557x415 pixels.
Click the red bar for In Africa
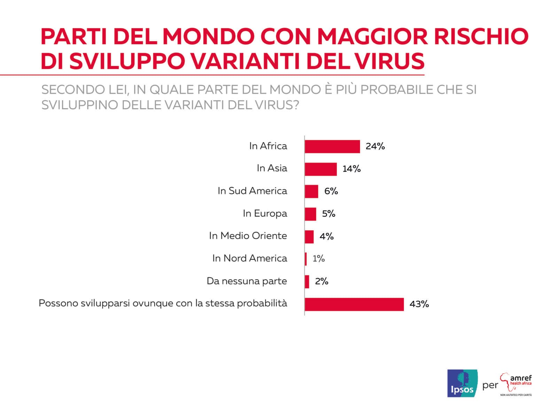coord(332,147)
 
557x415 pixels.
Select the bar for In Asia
coord(321,169)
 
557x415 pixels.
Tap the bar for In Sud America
coord(311,191)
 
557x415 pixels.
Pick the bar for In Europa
coord(310,214)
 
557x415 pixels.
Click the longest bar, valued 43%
coord(354,304)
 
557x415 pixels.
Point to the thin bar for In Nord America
coord(306,259)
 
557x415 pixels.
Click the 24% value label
coord(375,147)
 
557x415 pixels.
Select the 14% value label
coord(351,169)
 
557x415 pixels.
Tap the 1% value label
coord(319,259)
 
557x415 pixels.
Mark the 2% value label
coord(322,281)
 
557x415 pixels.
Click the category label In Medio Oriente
coord(248,236)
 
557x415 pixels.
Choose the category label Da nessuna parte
coord(246,281)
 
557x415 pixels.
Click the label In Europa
coord(265,213)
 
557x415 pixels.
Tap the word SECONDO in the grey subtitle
coord(72,90)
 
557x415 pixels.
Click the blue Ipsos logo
coord(462,383)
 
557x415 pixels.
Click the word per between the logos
coord(490,386)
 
